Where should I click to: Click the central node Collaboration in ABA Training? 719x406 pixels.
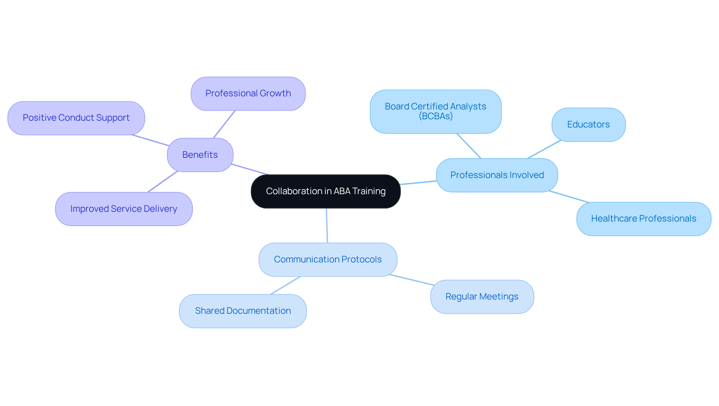coord(325,191)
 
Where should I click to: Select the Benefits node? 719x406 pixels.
coord(200,155)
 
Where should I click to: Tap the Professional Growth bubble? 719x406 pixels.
coord(248,93)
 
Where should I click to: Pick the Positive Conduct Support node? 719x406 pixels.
coord(76,118)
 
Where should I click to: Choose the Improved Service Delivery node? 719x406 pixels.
coord(124,209)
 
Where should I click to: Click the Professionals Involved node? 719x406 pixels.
coord(497,175)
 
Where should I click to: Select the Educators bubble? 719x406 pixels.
coord(588,124)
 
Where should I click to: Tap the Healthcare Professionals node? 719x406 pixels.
coord(643,219)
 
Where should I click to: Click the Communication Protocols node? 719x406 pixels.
coord(328,259)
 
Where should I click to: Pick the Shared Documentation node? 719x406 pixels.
coord(243,311)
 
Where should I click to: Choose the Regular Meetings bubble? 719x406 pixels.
coord(482,297)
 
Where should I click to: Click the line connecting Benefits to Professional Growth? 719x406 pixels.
coord(224,124)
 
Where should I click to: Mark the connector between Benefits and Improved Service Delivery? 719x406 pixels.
coord(163,181)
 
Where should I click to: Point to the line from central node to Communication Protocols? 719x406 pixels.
coord(327,226)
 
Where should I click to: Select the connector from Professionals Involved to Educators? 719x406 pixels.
coord(544,149)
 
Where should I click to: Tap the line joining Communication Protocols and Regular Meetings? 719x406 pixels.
coord(412,280)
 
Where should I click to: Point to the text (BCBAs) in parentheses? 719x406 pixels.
coord(436,116)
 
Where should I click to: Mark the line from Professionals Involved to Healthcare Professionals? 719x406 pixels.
coord(569,197)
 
